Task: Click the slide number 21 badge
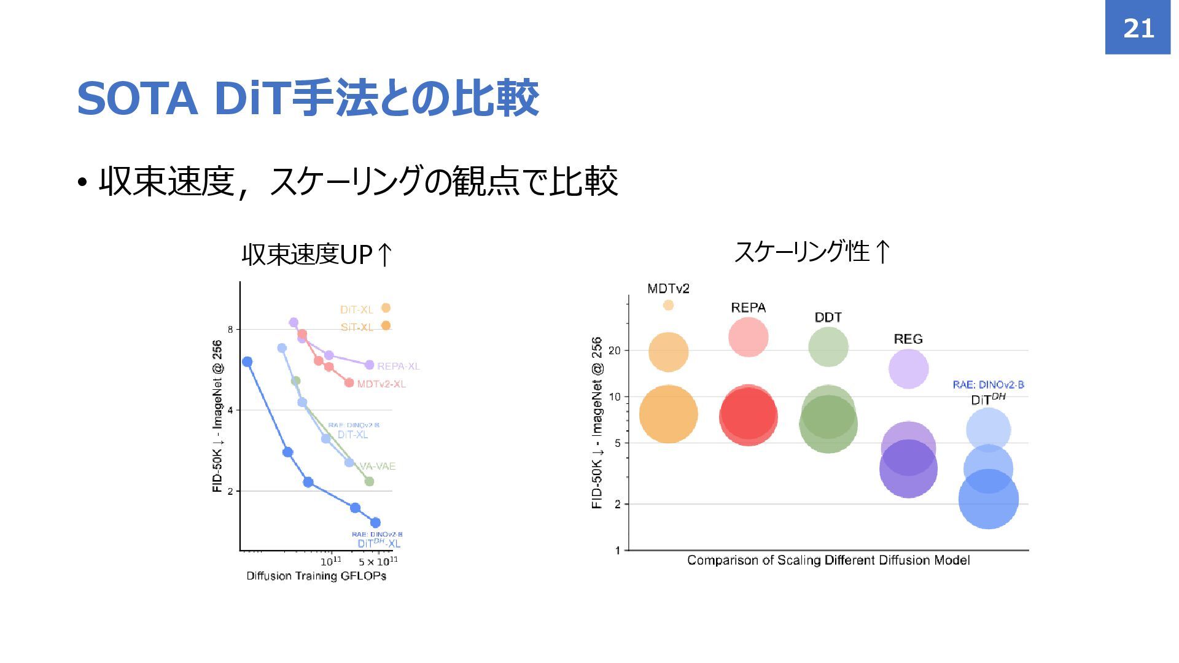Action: coord(1138,28)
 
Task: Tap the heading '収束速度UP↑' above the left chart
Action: coord(317,254)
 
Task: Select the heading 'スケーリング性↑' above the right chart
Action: coord(812,251)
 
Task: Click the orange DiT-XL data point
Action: coord(386,308)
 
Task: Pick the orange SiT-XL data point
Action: coord(386,326)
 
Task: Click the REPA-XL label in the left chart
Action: coord(398,366)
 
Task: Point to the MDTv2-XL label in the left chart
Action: coord(381,384)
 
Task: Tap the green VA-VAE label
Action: coord(377,467)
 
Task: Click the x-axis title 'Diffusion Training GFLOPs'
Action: coord(316,576)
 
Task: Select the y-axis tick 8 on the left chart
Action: coord(230,330)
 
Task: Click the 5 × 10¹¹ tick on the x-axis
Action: coord(378,562)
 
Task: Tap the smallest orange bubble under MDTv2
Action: coord(668,305)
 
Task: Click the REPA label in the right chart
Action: coord(748,308)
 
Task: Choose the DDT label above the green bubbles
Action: coord(828,317)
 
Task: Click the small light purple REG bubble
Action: coord(908,369)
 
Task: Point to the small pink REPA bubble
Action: coord(748,337)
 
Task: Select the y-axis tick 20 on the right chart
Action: coord(615,351)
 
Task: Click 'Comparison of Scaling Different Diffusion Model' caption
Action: coord(828,560)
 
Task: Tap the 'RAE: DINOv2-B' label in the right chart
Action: coord(988,385)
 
